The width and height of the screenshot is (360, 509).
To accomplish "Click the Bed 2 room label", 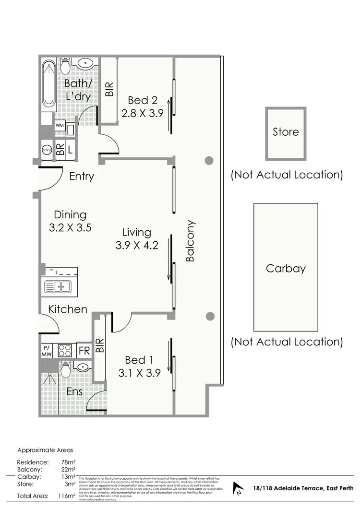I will (143, 101).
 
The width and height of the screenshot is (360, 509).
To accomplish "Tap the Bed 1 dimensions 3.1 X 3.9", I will (139, 371).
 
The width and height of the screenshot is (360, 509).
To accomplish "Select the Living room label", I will (136, 233).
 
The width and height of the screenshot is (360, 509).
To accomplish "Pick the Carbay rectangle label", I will (286, 268).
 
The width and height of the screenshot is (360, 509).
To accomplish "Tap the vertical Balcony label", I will (191, 241).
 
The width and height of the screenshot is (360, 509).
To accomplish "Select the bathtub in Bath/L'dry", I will (48, 84).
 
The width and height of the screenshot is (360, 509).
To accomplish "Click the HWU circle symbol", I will (47, 150).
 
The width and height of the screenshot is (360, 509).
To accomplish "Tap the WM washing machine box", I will (60, 126).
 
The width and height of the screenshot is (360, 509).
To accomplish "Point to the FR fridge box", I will (84, 350).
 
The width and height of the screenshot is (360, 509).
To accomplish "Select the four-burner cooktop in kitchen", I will (64, 350).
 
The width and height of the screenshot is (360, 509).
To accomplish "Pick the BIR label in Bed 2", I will (110, 88).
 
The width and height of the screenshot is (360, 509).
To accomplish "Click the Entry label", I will (82, 176).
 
